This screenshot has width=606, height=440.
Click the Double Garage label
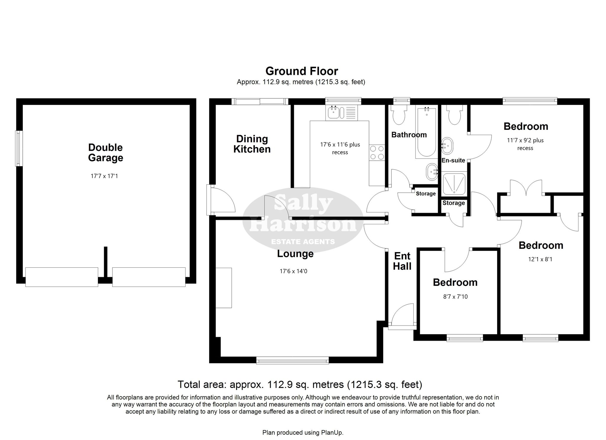click(x=106, y=152)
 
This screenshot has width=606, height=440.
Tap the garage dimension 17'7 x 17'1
click(x=104, y=176)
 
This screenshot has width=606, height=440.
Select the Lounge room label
click(x=295, y=254)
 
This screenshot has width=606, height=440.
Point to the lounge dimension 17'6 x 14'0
click(x=294, y=271)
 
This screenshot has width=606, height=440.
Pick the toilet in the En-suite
click(x=454, y=115)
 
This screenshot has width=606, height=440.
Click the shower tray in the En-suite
click(x=454, y=184)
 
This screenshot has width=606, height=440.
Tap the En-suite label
click(x=453, y=160)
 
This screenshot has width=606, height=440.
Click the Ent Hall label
click(x=402, y=261)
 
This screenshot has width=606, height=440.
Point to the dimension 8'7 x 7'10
click(x=455, y=296)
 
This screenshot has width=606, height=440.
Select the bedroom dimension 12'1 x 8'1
click(x=540, y=259)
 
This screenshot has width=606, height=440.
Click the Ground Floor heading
click(x=302, y=71)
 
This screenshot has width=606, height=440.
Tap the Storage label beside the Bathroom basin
click(x=426, y=194)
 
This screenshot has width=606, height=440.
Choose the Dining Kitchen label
click(x=252, y=144)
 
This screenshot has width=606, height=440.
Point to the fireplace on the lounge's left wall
click(x=223, y=288)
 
